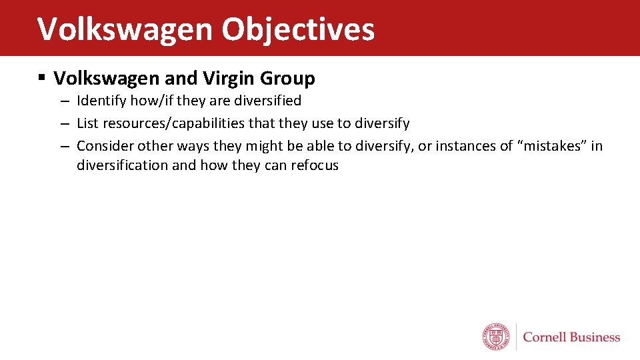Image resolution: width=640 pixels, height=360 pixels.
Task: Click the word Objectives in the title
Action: pyautogui.click(x=298, y=29)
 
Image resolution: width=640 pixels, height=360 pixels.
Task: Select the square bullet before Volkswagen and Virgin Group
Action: pyautogui.click(x=42, y=79)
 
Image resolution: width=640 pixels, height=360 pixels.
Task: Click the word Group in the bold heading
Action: pyautogui.click(x=287, y=79)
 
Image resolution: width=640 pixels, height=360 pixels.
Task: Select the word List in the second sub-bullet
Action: pyautogui.click(x=88, y=123)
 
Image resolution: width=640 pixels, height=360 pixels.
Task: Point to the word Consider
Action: pyautogui.click(x=105, y=145)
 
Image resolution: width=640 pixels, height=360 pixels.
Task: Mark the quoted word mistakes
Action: pyautogui.click(x=551, y=145)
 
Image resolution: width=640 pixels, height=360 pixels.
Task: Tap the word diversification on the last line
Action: pyautogui.click(x=123, y=165)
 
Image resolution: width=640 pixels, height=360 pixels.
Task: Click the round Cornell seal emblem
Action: pyautogui.click(x=496, y=337)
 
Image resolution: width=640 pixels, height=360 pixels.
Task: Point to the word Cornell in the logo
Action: pyautogui.click(x=545, y=337)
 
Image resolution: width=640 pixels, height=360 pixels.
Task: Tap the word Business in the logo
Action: pyautogui.click(x=595, y=337)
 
